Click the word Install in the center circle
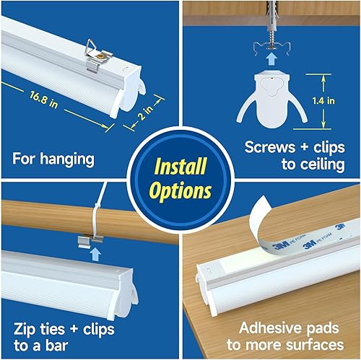[180, 167]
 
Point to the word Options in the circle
[180, 191]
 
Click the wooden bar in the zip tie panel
[43, 221]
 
